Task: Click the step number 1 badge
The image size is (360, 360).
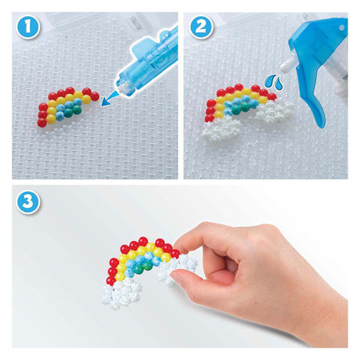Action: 28,27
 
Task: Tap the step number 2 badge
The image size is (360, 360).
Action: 200,27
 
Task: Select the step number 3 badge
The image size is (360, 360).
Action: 28,203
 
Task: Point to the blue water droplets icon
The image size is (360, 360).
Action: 274,81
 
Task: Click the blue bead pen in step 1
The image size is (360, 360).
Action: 147,63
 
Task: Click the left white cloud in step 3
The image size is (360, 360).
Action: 121,293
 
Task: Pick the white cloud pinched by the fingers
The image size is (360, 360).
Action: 175,268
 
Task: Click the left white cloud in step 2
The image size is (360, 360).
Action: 221,130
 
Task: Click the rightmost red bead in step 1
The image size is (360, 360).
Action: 95,96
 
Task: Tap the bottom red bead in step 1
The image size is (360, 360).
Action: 42,122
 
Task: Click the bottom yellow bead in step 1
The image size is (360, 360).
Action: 51,119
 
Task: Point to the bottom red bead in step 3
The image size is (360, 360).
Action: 111,280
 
